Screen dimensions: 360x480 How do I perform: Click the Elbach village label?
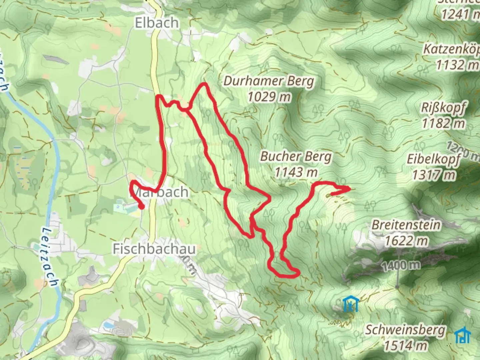156,23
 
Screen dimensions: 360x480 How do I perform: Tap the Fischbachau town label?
154,249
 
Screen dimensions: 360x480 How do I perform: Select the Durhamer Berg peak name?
269,81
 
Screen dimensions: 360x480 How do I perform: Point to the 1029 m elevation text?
269,97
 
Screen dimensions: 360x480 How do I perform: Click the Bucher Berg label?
296,156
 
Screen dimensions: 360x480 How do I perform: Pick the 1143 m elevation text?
296,172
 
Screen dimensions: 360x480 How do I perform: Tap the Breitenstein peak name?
406,225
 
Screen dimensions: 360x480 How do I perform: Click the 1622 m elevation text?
406,240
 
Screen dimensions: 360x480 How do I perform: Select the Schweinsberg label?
405,330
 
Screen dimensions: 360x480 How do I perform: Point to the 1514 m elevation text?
405,346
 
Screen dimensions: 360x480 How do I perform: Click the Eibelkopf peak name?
434,159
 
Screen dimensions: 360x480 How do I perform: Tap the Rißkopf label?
443,108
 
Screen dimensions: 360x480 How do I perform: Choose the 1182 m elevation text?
443,124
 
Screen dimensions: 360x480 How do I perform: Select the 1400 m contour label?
401,266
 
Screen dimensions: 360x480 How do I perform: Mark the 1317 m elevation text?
433,175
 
